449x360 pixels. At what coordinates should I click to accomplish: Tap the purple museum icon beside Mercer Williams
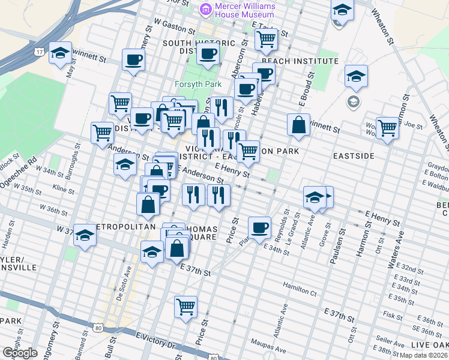tap(206, 10)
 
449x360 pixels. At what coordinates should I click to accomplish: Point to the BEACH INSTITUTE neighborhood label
tap(300, 61)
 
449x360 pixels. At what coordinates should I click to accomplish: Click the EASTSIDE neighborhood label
tap(354, 155)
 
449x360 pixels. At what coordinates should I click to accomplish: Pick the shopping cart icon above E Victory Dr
tap(186, 306)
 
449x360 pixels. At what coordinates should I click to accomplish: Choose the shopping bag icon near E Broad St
tap(298, 125)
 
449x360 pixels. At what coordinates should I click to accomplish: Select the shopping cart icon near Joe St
tap(388, 127)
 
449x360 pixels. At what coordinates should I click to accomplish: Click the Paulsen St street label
tap(341, 244)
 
